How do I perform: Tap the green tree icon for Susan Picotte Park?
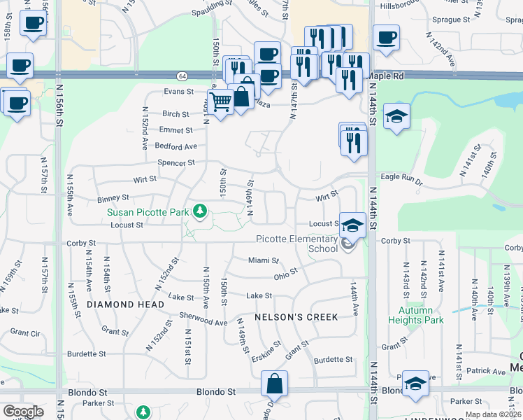coord(201,210)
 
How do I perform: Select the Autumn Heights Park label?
coord(421,315)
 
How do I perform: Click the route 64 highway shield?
coord(182,75)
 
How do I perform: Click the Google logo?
coord(23,412)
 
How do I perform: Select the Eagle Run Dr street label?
coord(401,180)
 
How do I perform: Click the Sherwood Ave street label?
coord(203,321)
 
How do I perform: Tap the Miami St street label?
coord(263,260)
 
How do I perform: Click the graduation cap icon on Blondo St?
coord(415,383)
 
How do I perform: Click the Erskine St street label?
coord(266,351)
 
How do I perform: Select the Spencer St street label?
coord(176,163)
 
